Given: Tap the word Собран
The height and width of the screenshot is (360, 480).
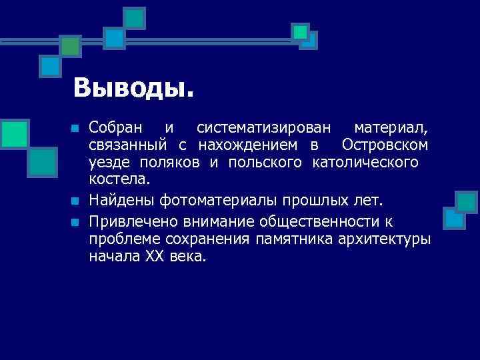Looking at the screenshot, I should [x=114, y=127].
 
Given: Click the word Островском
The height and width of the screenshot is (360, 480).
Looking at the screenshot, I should [x=385, y=145].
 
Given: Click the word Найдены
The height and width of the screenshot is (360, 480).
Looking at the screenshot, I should [x=118, y=200].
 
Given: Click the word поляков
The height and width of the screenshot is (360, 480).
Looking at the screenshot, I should [x=184, y=162].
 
